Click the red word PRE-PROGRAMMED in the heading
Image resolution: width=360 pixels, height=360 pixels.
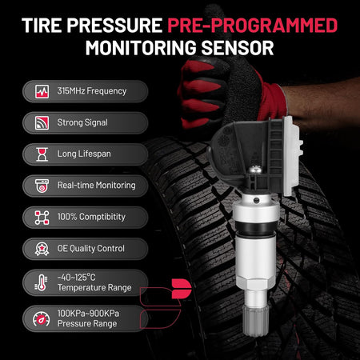pyautogui.click(x=253, y=26)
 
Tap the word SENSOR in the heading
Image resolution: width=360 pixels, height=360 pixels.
pyautogui.click(x=238, y=48)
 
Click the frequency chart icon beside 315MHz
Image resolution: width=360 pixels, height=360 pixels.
pyautogui.click(x=42, y=91)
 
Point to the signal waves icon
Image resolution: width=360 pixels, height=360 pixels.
pyautogui.click(x=42, y=123)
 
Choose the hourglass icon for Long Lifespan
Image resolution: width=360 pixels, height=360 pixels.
pyautogui.click(x=42, y=154)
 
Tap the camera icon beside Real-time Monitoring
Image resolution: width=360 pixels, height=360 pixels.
pyautogui.click(x=42, y=186)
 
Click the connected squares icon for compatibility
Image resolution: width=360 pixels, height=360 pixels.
pyautogui.click(x=42, y=218)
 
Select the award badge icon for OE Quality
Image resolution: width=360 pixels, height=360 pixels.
pyautogui.click(x=42, y=249)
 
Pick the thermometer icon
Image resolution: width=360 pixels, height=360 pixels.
pyautogui.click(x=42, y=282)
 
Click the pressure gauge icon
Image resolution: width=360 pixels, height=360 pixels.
pyautogui.click(x=42, y=318)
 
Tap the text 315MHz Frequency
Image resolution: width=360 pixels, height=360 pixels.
pyautogui.click(x=92, y=91)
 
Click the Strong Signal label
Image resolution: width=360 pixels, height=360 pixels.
pyautogui.click(x=82, y=122)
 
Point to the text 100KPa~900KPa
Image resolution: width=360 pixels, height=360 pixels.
pyautogui.click(x=88, y=314)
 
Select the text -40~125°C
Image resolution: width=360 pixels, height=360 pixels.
pyautogui.click(x=76, y=278)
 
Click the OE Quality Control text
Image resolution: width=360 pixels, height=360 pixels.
pyautogui.click(x=91, y=249)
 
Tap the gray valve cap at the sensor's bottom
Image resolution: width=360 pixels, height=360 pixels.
pyautogui.click(x=255, y=320)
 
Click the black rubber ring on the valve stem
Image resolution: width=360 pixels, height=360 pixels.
pyautogui.click(x=255, y=227)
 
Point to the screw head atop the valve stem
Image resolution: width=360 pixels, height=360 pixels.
pyautogui.click(x=254, y=170)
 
